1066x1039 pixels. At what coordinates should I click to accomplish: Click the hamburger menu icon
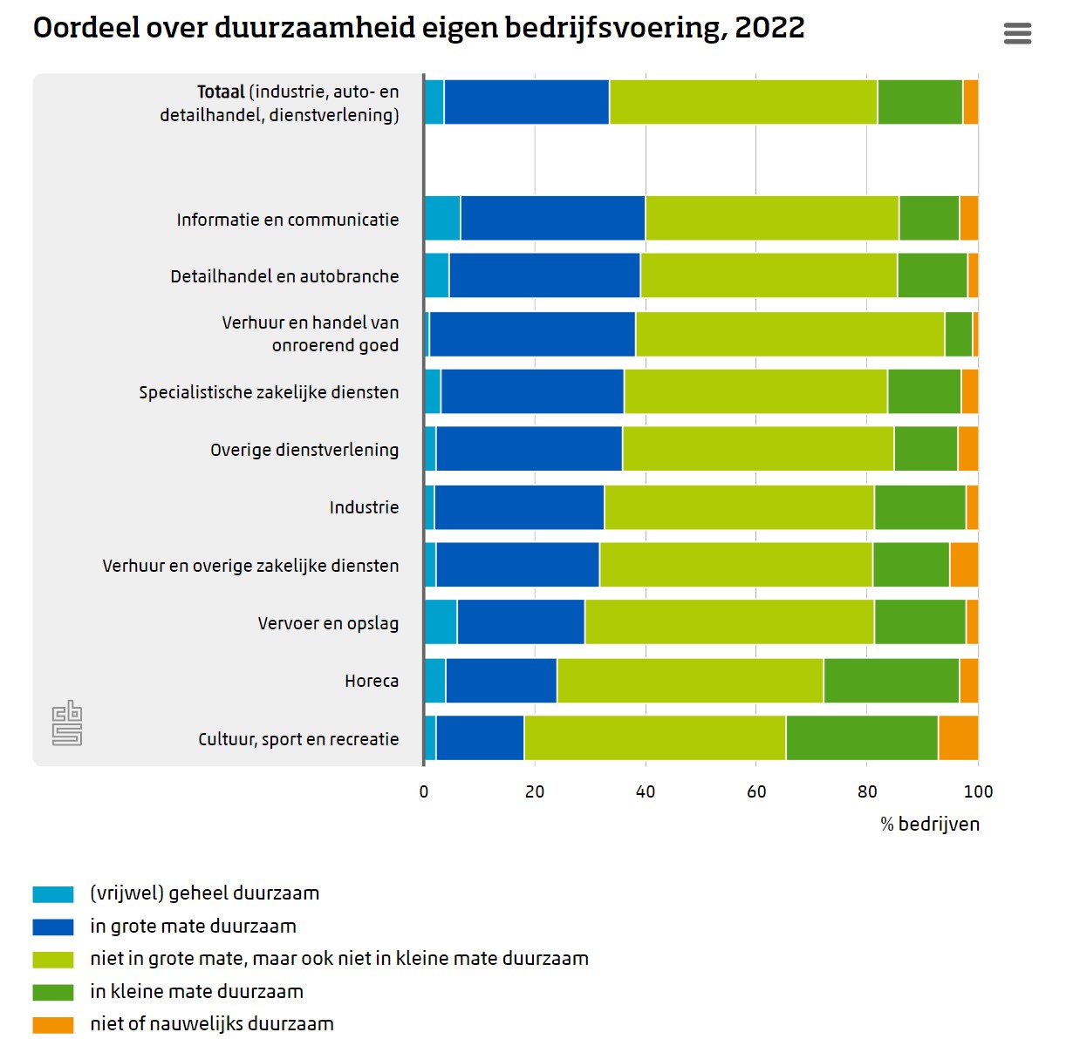(x=1017, y=33)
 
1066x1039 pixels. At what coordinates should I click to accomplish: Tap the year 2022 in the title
(x=769, y=28)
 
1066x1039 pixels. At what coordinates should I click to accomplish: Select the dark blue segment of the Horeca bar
(x=501, y=681)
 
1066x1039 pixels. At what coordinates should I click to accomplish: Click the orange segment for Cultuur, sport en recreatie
(x=958, y=738)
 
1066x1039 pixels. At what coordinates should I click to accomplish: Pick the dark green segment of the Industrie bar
(x=919, y=507)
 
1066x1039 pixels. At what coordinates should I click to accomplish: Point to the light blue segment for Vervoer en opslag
(x=441, y=622)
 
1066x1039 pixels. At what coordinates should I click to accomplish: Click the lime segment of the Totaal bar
(x=743, y=102)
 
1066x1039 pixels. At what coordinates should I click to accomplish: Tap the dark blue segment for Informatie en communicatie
(x=552, y=218)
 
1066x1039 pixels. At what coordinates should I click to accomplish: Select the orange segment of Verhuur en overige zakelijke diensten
(x=964, y=565)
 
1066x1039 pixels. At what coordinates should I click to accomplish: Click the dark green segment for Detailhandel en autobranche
(x=932, y=275)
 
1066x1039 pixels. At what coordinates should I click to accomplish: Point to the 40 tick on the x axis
(x=646, y=791)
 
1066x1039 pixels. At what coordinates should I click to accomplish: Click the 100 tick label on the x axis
(x=978, y=791)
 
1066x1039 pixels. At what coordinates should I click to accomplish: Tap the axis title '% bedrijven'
(x=930, y=825)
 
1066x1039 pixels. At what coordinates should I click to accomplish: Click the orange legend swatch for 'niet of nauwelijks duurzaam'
(x=53, y=1025)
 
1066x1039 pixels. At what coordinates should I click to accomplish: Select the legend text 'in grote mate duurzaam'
(x=193, y=927)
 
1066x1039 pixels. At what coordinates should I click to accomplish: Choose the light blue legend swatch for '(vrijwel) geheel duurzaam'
(x=53, y=894)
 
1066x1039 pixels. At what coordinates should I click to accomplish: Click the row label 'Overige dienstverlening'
(x=304, y=450)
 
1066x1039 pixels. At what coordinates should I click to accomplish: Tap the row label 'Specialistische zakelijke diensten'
(x=269, y=392)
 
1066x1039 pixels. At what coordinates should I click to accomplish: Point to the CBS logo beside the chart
(x=67, y=723)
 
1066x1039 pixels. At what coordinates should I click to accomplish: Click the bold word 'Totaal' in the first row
(x=221, y=92)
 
